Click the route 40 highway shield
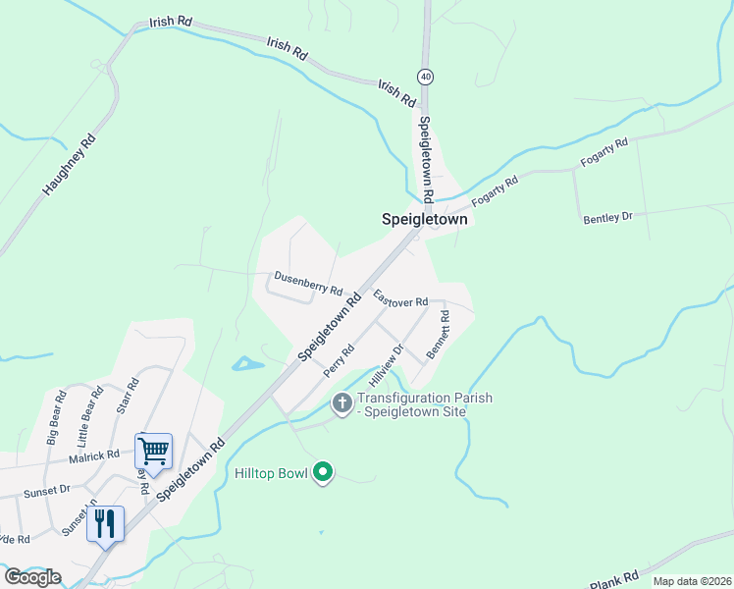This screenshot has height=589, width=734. (x=425, y=76)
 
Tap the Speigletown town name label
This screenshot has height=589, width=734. (x=424, y=221)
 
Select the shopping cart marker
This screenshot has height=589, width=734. (x=153, y=452)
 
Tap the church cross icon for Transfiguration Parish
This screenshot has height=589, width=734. (x=342, y=402)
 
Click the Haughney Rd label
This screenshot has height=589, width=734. (x=70, y=165)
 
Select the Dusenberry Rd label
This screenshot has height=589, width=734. (x=308, y=284)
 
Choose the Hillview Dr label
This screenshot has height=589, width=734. (x=387, y=363)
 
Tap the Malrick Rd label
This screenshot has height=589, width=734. (x=93, y=456)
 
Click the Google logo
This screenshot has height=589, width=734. (x=32, y=577)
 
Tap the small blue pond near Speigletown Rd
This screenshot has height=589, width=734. (x=246, y=364)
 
